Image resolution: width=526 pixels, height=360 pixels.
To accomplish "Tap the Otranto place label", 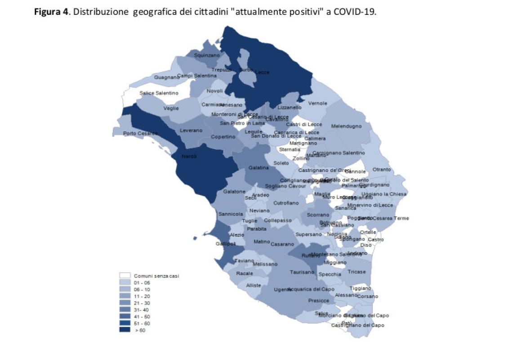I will point(382,170).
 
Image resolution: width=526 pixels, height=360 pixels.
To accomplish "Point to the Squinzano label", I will point(207,55).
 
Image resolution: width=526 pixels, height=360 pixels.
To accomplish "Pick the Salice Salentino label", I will point(159,93).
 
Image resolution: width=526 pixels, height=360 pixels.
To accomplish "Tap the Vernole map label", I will point(317,103).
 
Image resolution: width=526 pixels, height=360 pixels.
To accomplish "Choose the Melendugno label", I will point(346,126).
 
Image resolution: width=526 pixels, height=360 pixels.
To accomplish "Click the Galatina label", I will point(259,168).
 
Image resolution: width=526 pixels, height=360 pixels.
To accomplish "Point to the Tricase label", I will point(357,272).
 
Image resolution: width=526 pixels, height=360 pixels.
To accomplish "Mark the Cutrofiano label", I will point(286,203).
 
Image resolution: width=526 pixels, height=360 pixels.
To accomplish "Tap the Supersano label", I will point(308,234).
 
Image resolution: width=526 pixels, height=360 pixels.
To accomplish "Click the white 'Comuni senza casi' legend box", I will point(125,275).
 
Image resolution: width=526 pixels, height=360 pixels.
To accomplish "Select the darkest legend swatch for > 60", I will point(125,330).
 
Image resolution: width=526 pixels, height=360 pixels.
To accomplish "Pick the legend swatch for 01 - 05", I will point(125,283).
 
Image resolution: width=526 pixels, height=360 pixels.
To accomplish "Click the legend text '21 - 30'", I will point(142,303).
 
